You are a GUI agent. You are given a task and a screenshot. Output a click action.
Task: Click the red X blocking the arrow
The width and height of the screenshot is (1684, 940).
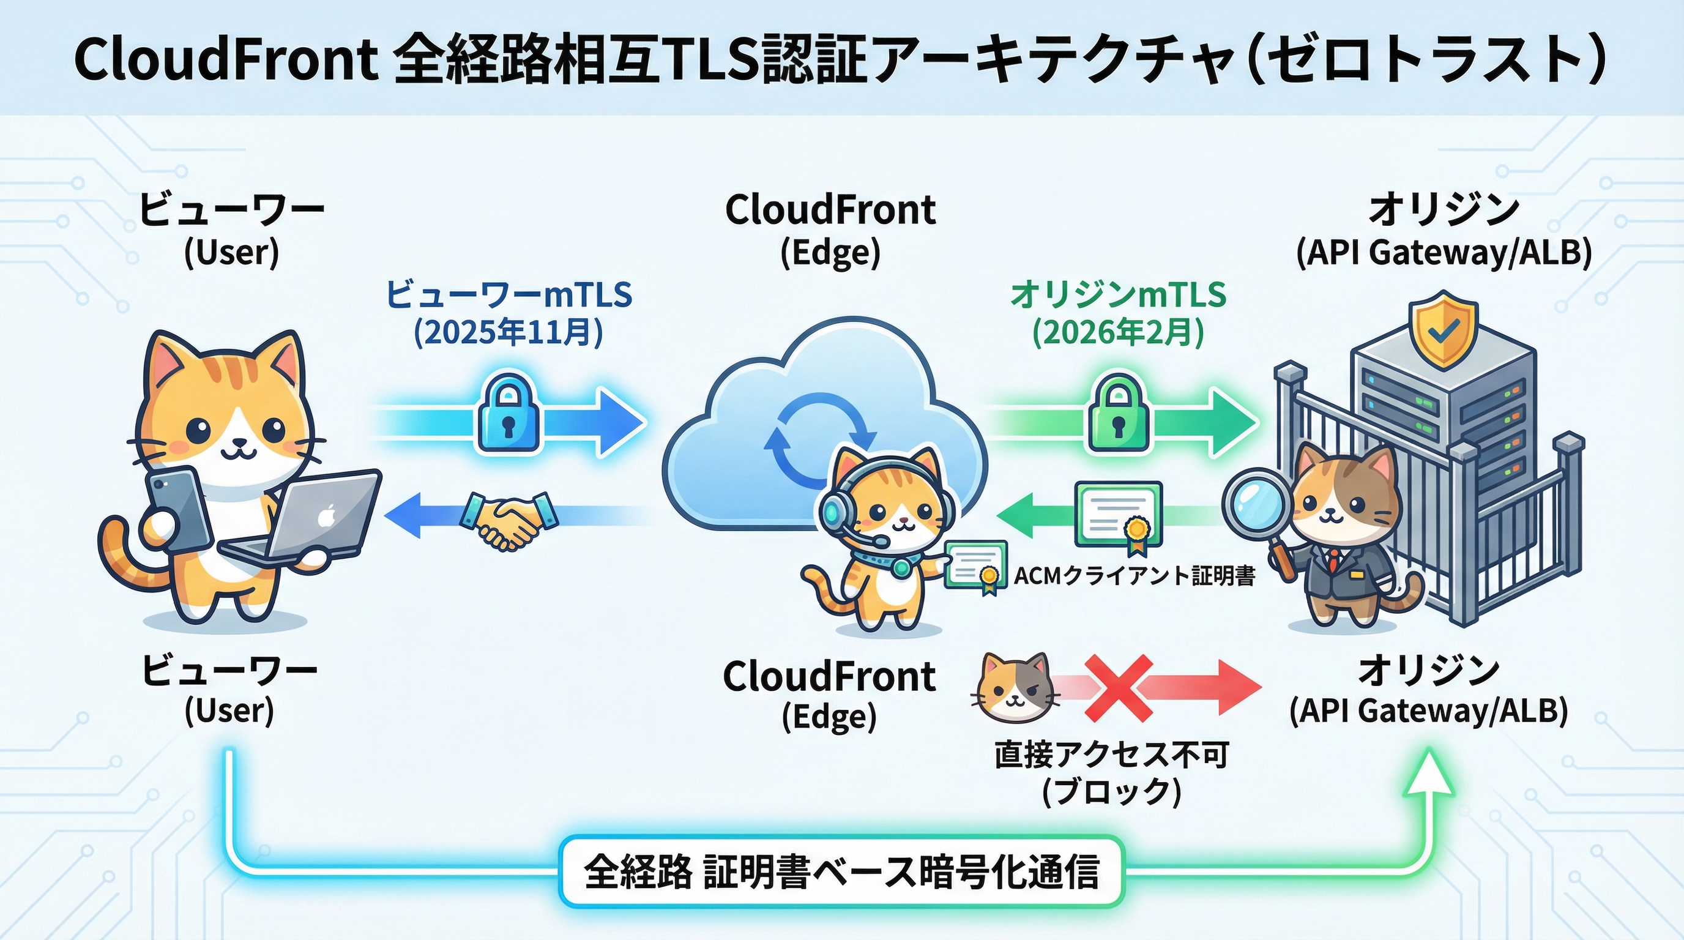(x=1119, y=688)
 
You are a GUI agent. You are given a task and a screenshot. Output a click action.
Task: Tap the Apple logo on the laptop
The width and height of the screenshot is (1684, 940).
(x=326, y=517)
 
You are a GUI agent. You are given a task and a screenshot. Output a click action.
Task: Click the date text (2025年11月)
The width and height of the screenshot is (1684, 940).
(x=509, y=333)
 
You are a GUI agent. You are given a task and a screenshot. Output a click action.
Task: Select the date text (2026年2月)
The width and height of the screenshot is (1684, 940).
(x=1118, y=333)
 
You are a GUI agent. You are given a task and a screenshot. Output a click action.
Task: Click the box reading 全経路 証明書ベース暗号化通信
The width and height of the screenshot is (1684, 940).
(x=841, y=871)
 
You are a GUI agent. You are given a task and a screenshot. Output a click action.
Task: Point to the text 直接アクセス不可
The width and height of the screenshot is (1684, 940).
(x=1111, y=756)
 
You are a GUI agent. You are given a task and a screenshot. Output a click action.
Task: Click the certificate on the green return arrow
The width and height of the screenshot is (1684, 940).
(x=1119, y=517)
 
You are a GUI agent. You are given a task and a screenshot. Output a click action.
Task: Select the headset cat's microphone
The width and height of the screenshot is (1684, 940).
(x=879, y=541)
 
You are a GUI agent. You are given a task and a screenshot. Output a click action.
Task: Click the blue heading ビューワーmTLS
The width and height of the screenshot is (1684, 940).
(x=509, y=294)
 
